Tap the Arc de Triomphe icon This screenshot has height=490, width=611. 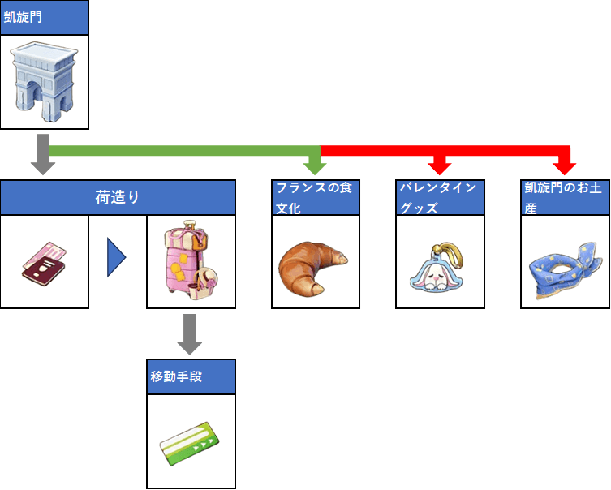[x=43, y=80]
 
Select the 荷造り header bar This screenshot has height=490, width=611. [x=118, y=197]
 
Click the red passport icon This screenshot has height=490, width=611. [x=45, y=261]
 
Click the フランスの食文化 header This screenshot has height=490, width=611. [x=316, y=197]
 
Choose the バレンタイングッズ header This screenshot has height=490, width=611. [x=440, y=197]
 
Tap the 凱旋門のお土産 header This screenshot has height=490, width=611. [x=564, y=197]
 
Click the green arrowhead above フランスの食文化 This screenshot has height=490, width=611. [x=315, y=167]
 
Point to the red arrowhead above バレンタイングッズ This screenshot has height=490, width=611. [x=440, y=167]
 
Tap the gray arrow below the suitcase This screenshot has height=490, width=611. [x=190, y=334]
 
